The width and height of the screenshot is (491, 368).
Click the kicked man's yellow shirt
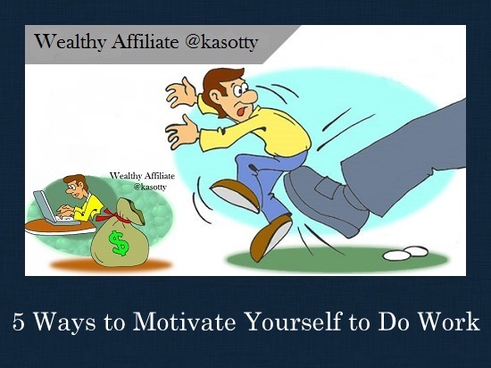268,134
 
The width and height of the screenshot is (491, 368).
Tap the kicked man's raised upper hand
180,92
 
